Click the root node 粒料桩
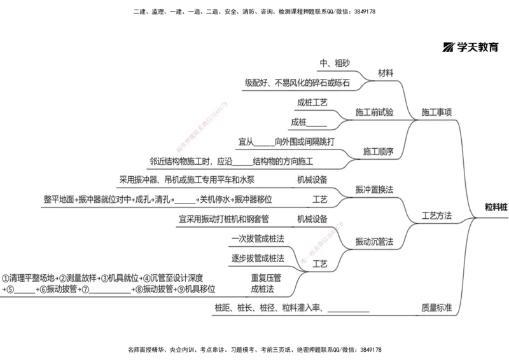click(496, 207)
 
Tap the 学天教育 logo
click(471, 46)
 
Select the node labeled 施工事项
click(436, 113)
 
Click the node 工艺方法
click(436, 216)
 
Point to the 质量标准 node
click(436, 308)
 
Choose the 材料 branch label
click(386, 73)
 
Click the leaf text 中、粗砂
click(335, 63)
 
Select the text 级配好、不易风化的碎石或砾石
click(297, 83)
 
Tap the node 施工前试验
click(375, 113)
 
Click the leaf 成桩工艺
click(312, 102)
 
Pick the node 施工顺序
click(378, 151)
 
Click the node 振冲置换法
click(374, 190)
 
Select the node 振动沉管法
click(374, 242)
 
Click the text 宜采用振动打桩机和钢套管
click(224, 219)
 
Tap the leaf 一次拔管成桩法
click(258, 239)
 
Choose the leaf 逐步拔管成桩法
click(258, 258)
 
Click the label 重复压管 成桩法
click(266, 283)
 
